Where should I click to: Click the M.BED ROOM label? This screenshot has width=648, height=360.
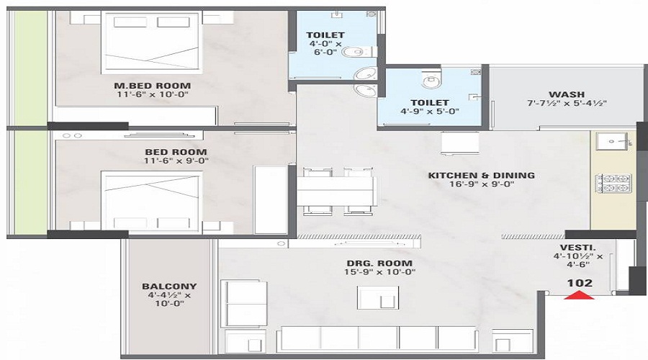153,86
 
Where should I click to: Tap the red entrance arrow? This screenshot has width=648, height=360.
580,294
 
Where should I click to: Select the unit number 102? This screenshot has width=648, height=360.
580,283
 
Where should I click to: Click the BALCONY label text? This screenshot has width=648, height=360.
169,286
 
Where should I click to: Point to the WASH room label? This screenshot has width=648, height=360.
567,94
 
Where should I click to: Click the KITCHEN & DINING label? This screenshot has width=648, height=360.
482,175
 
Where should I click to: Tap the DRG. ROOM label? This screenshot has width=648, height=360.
379,263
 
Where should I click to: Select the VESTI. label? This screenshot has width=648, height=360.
577,248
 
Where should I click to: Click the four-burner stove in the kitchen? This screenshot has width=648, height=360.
613,184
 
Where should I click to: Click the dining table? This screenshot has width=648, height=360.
337,191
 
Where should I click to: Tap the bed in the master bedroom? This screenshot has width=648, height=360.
153,42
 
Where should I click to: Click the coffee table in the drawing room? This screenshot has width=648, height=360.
378,297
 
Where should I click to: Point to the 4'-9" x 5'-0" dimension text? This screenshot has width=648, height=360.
430,111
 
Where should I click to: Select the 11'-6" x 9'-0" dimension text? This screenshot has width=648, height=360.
176,161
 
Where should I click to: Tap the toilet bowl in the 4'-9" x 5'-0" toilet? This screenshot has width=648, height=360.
432,78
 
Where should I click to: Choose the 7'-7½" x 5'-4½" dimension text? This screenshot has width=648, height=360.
567,104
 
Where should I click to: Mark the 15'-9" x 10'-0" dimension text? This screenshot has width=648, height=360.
379,272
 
